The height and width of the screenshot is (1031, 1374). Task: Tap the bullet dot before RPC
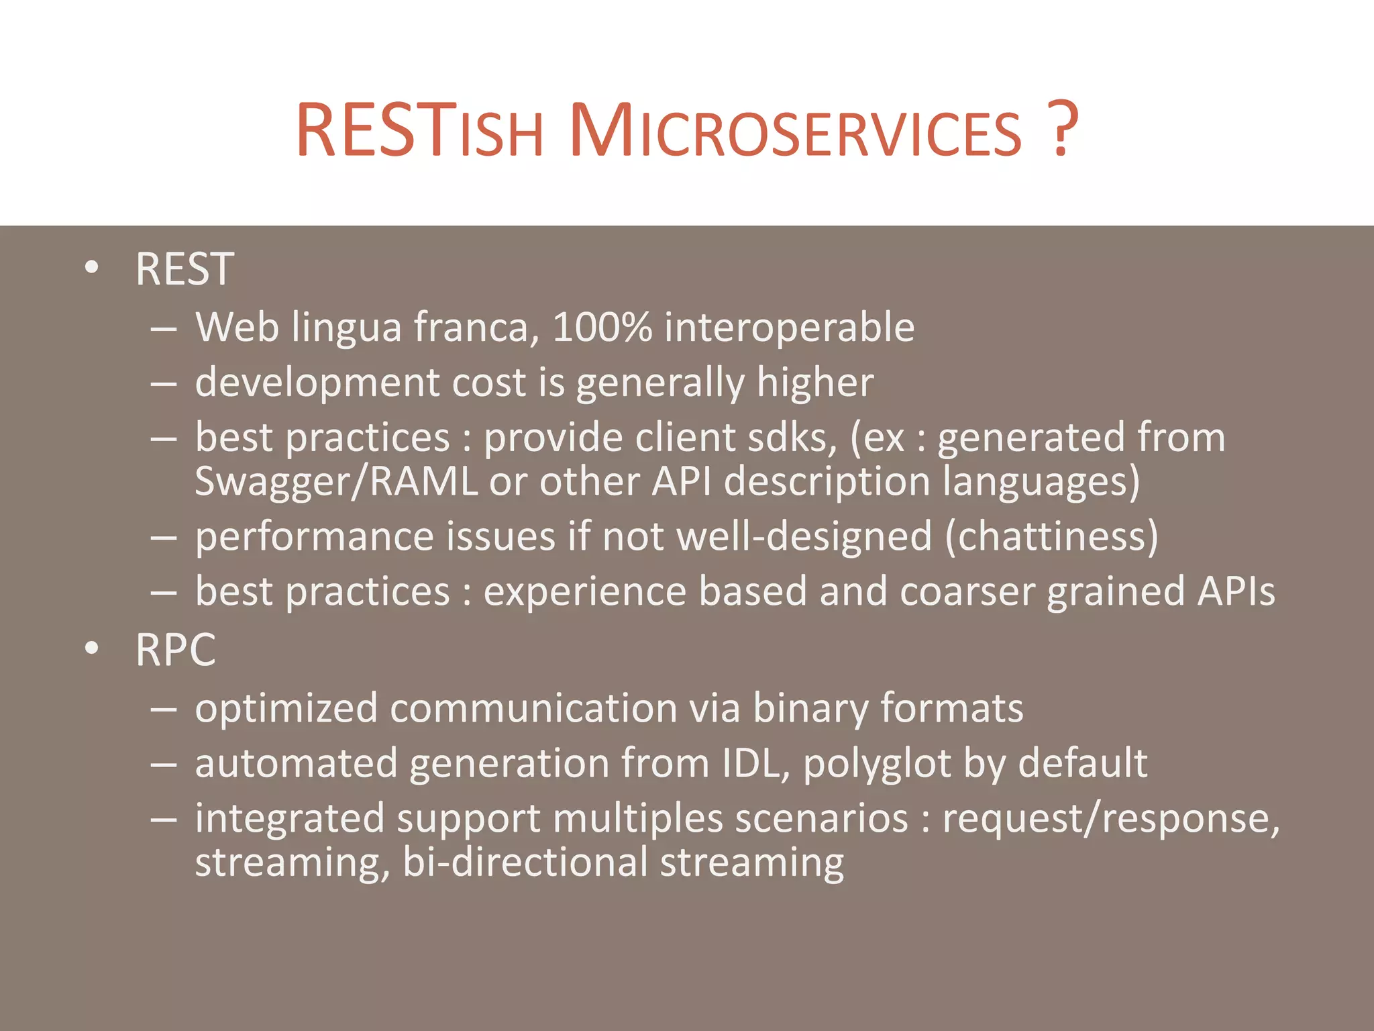point(92,648)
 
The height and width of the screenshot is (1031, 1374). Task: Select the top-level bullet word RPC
point(175,650)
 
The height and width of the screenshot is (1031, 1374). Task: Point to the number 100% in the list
point(602,328)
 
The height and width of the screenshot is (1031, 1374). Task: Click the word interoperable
point(789,328)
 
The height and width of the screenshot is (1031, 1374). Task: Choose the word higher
point(814,383)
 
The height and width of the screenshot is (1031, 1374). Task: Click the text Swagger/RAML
point(336,482)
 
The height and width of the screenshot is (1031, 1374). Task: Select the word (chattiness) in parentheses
point(1051,537)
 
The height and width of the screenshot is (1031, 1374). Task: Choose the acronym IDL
point(755,764)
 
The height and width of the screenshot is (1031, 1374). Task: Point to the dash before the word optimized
point(164,709)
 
